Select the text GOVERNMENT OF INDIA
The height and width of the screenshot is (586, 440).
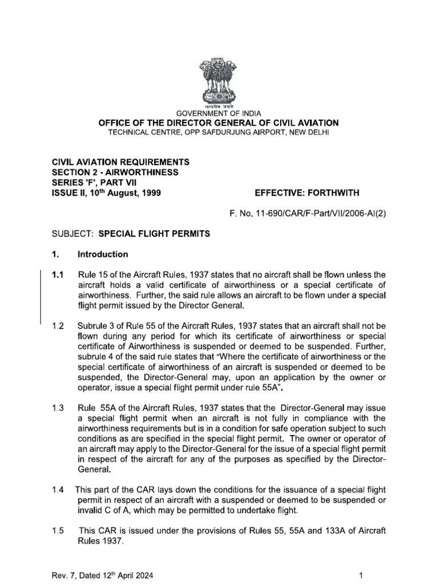[220, 113]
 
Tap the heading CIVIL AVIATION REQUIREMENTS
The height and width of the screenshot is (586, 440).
[120, 163]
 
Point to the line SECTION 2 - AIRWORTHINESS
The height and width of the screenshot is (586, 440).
[115, 172]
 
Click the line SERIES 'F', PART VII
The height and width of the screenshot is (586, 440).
[92, 183]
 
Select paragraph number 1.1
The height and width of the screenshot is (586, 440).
[58, 275]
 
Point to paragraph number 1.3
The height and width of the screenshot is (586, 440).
[58, 407]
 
